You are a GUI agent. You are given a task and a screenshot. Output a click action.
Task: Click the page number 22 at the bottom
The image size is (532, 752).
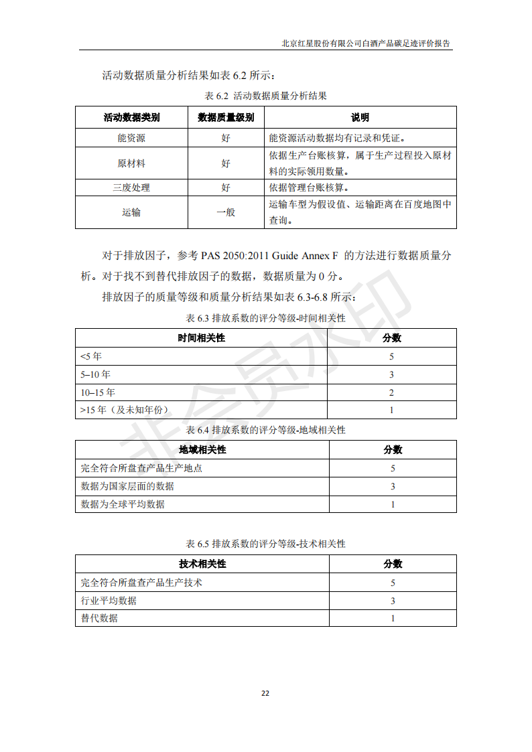click(265, 692)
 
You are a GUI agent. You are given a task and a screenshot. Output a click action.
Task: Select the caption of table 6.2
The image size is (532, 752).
click(265, 96)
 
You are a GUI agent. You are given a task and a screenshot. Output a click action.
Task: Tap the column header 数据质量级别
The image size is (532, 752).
click(226, 118)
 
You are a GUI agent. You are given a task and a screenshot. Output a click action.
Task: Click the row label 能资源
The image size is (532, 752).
click(131, 138)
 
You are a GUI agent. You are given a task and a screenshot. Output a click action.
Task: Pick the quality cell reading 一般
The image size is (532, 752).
click(226, 212)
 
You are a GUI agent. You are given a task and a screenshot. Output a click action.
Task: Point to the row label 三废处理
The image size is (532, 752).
click(131, 187)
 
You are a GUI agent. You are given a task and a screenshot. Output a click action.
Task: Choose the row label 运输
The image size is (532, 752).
click(131, 212)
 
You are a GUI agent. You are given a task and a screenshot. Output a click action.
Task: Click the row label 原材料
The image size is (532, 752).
click(131, 163)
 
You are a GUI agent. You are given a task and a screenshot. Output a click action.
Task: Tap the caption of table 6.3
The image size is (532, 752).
click(265, 317)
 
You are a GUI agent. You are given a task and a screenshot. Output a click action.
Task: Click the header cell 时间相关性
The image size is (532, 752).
click(202, 337)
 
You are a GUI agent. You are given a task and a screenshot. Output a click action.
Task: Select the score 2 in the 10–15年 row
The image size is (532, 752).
click(392, 392)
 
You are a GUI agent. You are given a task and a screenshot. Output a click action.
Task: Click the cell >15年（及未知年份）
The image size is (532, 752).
click(124, 410)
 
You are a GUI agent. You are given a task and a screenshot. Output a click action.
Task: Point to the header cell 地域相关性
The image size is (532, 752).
click(202, 449)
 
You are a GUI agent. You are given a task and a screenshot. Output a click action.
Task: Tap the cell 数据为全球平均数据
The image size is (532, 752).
click(123, 504)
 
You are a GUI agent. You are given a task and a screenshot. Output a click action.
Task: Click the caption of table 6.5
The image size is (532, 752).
click(265, 544)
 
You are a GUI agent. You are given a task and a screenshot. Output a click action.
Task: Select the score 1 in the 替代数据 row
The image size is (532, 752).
click(393, 618)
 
